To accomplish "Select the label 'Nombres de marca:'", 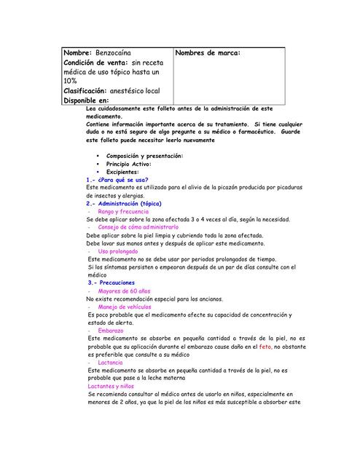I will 208,53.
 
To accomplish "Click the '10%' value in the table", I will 71,82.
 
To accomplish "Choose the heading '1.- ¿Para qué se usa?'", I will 117,179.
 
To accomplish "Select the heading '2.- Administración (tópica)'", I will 123,204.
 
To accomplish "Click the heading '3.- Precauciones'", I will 111,282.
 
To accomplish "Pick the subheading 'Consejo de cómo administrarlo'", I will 138,227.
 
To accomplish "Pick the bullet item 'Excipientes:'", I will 122,172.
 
